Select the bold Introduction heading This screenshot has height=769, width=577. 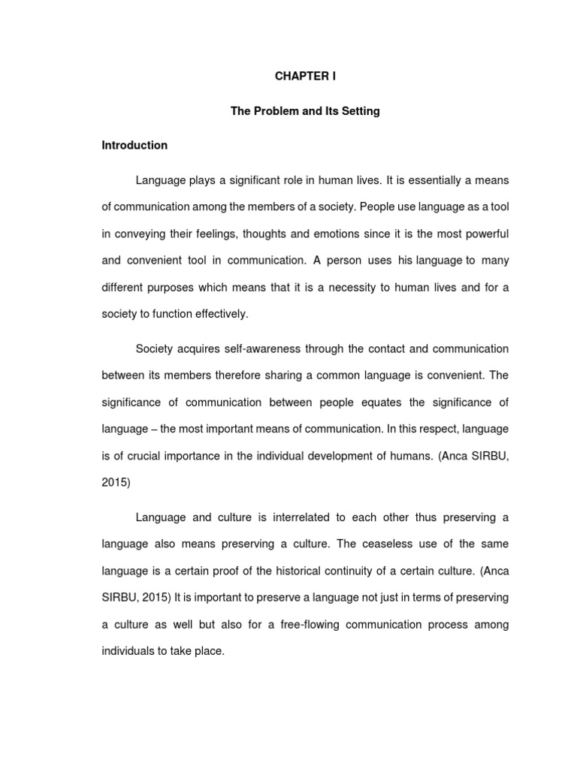pos(134,145)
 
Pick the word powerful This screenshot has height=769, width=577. pos(485,233)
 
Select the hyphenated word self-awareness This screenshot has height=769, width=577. pos(237,348)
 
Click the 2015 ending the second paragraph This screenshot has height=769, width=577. pos(116,483)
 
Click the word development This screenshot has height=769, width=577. pos(348,456)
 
